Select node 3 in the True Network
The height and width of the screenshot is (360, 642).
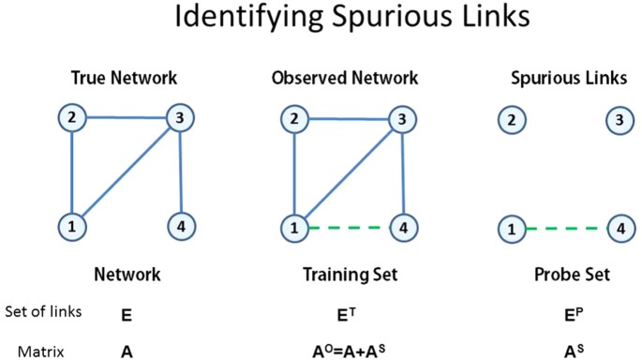point(178,118)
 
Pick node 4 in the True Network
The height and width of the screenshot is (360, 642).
point(180,226)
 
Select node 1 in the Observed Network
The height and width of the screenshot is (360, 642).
point(292,227)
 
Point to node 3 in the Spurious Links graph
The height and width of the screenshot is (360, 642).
point(618,119)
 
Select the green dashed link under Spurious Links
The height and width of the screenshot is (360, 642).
point(562,228)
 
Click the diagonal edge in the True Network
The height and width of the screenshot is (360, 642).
point(124,172)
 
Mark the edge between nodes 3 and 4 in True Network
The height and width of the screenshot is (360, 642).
point(179,172)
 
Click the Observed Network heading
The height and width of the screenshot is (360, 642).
point(345,78)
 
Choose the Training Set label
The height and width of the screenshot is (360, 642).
point(348,275)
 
